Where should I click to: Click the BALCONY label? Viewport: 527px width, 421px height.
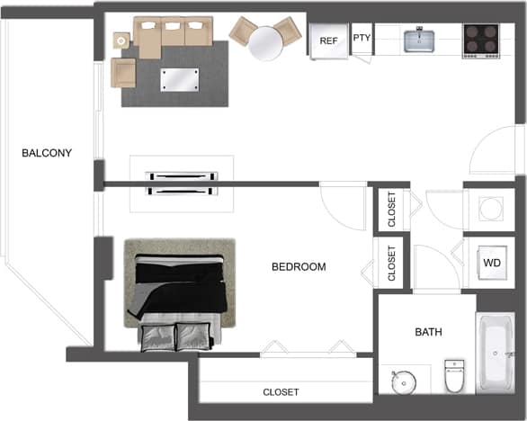(47, 153)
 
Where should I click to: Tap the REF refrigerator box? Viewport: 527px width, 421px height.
(329, 40)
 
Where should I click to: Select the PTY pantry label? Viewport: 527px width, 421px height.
(362, 38)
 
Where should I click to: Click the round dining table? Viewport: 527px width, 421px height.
(265, 40)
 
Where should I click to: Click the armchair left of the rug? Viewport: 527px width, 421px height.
(123, 72)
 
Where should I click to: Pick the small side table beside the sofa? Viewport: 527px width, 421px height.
(122, 40)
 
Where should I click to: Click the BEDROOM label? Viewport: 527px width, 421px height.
(299, 267)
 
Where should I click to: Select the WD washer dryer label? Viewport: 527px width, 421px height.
(491, 264)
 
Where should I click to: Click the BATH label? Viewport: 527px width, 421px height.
(428, 332)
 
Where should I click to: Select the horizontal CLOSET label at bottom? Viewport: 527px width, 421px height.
(281, 392)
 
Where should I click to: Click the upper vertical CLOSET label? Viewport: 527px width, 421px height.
(391, 209)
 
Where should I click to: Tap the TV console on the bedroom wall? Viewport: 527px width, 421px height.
(183, 183)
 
